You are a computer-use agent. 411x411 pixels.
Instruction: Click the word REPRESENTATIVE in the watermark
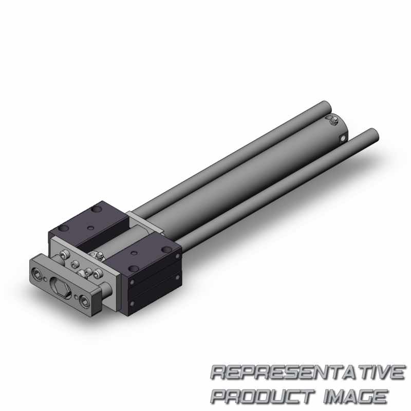click(x=308, y=372)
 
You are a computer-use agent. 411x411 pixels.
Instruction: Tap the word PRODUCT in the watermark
click(x=263, y=396)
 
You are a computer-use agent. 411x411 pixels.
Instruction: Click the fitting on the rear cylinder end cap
click(x=333, y=121)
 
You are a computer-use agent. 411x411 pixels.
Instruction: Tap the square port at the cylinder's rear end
click(x=343, y=138)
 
